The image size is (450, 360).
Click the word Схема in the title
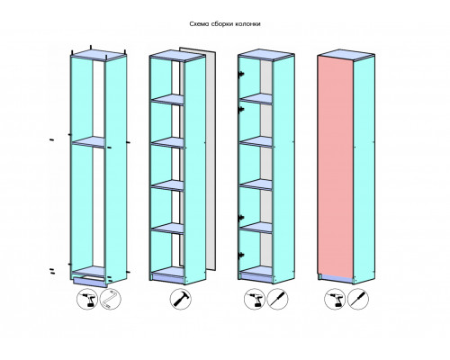(x=199, y=24)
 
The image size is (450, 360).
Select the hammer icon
(x=181, y=299)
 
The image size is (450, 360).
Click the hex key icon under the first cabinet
(x=111, y=299)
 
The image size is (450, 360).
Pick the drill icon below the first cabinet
(x=87, y=299)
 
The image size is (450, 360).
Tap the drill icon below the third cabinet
(x=255, y=299)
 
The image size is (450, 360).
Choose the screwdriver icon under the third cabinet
(x=277, y=299)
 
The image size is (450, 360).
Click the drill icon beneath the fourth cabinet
(x=335, y=299)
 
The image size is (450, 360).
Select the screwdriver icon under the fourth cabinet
(x=358, y=299)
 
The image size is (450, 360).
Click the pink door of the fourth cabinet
(x=336, y=168)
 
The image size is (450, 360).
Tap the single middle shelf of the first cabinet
(x=88, y=141)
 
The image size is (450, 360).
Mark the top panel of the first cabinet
(x=98, y=55)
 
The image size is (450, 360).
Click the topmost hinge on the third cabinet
(x=240, y=74)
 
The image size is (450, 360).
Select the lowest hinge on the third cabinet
(x=240, y=256)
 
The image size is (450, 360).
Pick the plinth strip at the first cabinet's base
(x=90, y=282)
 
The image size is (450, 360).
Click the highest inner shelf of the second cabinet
(x=167, y=99)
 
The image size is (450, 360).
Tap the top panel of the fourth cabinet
(x=346, y=55)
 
